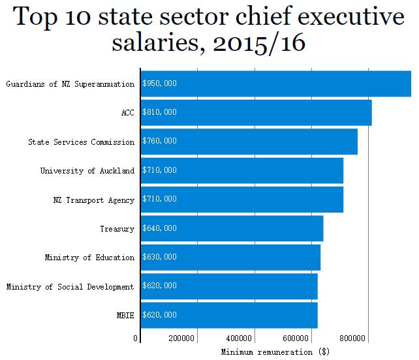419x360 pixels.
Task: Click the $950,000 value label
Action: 160,83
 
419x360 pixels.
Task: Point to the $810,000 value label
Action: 160,112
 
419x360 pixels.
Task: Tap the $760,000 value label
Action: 160,142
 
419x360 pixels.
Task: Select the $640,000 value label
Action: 160,228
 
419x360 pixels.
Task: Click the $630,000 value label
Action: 160,258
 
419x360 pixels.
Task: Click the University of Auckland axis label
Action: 87,171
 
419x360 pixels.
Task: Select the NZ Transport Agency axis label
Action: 94,200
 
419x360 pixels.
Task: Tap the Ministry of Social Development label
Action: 70,286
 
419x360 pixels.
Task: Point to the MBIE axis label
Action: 125,316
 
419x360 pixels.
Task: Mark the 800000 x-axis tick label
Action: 353,338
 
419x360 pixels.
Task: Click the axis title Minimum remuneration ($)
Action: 275,352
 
